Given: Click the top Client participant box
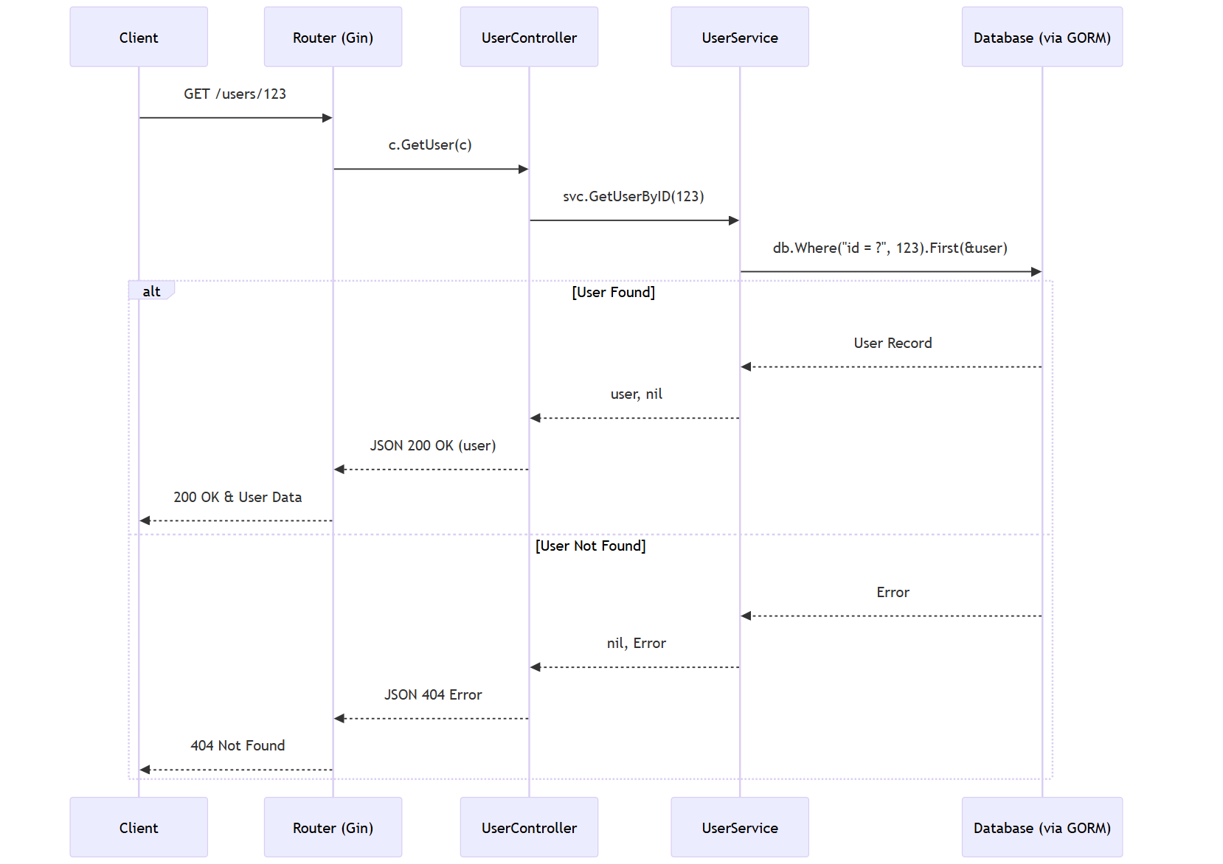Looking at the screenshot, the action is [139, 37].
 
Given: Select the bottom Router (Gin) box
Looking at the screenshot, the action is [333, 827].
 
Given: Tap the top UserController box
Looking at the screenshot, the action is [529, 37].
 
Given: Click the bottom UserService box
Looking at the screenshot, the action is [740, 827].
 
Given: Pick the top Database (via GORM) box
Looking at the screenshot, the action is [1042, 37].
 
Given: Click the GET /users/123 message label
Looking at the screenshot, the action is [235, 94].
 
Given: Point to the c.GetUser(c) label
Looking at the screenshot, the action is [430, 144].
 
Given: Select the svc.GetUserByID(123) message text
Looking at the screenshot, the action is [634, 197].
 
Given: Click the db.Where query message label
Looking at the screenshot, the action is [890, 248].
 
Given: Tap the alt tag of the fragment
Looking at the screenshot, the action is [151, 291].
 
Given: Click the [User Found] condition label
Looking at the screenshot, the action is [614, 292].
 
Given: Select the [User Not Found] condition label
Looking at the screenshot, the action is [591, 546].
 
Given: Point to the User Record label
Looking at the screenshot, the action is [893, 343].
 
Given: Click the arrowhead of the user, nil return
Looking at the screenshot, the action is [535, 418].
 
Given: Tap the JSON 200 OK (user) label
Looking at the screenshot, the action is [433, 445].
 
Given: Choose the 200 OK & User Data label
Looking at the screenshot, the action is [238, 497].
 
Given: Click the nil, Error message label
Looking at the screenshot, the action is [637, 643].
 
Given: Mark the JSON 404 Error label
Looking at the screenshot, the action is [433, 694].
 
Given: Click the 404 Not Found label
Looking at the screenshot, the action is [238, 745].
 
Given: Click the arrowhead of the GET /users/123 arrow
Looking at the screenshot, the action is [328, 118].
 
